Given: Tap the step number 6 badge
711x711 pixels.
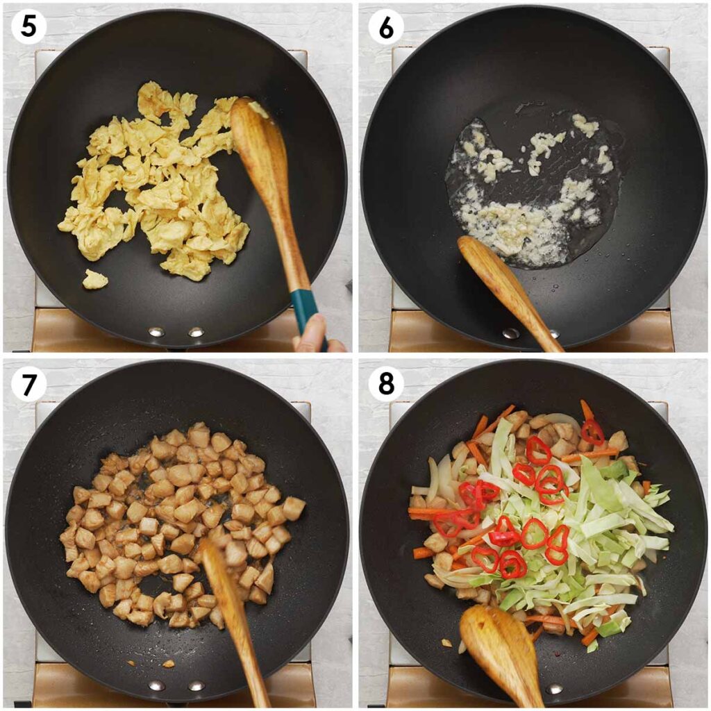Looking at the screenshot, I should (385, 28).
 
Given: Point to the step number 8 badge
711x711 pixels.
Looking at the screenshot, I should (385, 384).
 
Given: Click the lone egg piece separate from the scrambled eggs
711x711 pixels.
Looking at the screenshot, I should (94, 279).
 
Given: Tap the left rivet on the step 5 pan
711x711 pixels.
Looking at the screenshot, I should (156, 332).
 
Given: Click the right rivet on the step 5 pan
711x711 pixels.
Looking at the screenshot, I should (196, 332).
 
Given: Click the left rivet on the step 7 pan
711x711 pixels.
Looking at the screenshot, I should (156, 686).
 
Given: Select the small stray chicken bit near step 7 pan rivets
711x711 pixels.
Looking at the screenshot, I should (168, 664).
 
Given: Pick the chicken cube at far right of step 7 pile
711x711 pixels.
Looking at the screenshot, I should (293, 508).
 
